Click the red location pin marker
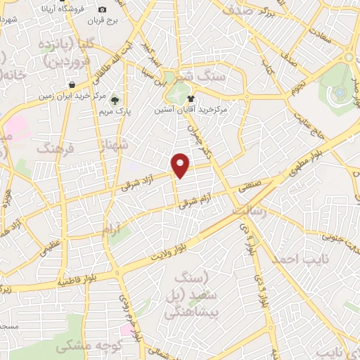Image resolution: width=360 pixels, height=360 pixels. pyautogui.click(x=181, y=165)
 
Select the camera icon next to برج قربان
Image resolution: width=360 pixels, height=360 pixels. pyautogui.click(x=103, y=9)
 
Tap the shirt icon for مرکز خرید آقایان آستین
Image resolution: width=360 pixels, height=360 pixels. pyautogui.click(x=210, y=100)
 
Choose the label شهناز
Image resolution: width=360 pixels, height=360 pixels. pyautogui.click(x=113, y=148)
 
